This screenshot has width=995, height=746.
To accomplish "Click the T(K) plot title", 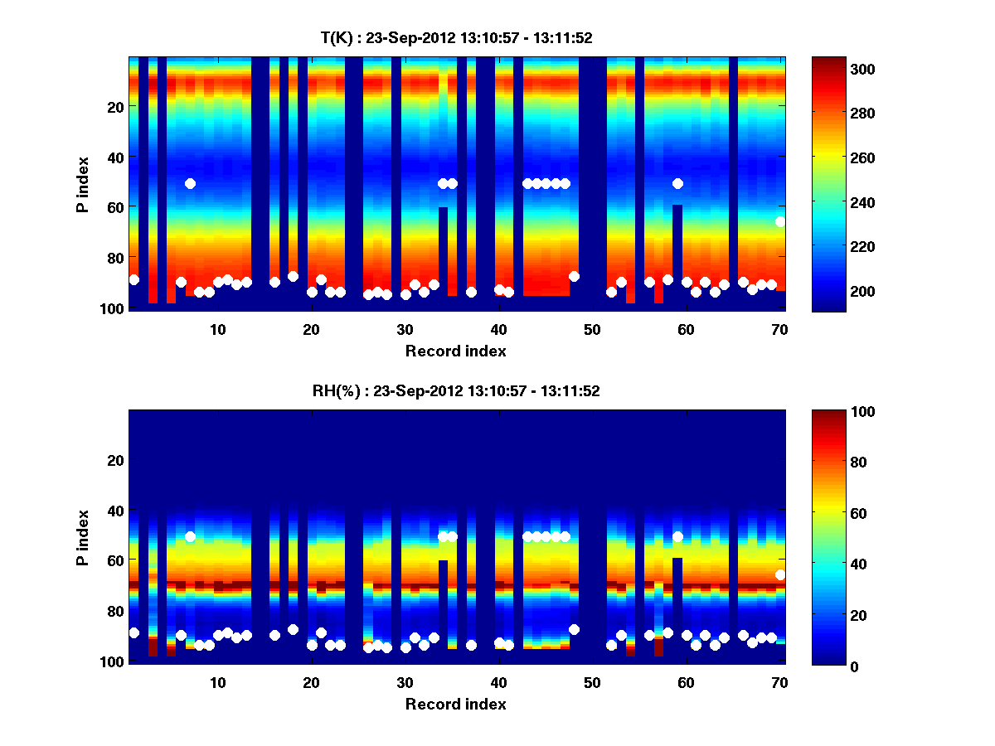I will [456, 37].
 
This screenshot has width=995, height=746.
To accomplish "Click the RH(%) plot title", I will [456, 391].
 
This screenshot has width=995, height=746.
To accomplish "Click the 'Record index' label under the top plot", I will [456, 351].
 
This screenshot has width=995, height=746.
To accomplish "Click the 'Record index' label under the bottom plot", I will [456, 704].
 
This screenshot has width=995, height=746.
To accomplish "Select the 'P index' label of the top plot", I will [83, 184].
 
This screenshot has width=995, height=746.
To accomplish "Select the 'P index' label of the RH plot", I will [83, 537].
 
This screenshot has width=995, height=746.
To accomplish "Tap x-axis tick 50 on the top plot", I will [592, 329].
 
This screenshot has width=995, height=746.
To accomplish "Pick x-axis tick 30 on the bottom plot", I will [405, 682].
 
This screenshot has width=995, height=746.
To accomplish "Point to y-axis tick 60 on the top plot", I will [116, 206].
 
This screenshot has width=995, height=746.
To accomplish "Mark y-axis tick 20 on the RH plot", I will [116, 460].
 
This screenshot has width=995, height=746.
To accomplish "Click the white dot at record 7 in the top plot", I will [190, 183].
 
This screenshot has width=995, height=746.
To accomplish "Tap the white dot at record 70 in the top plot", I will [780, 221].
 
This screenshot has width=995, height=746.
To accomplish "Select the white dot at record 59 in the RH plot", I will [677, 536].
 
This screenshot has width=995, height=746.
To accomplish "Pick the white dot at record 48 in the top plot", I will [574, 276].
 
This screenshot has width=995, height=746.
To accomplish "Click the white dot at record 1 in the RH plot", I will [134, 632].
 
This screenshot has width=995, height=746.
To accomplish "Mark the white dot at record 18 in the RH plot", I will [293, 629].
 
